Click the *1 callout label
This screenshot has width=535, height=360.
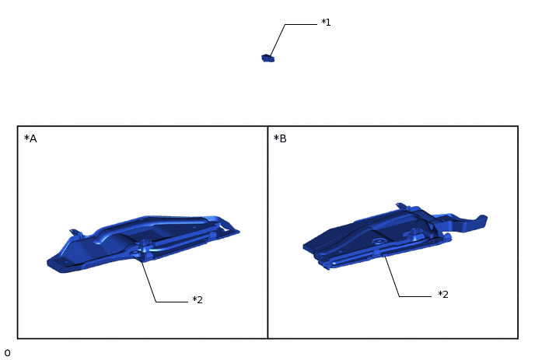326,23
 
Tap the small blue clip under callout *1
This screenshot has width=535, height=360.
267,58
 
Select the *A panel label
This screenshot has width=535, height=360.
30,139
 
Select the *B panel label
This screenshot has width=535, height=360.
280,139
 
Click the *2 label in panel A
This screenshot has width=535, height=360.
198,300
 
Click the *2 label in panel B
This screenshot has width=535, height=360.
443,295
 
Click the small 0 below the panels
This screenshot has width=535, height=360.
7,353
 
